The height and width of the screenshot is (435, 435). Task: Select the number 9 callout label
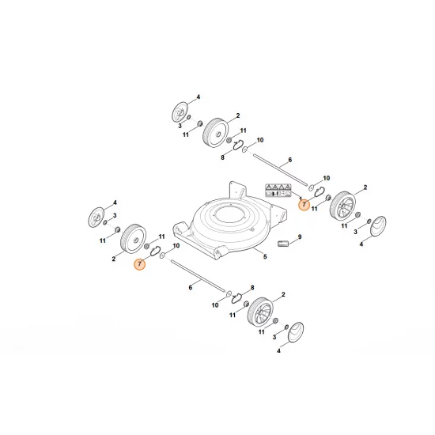(x=301, y=236)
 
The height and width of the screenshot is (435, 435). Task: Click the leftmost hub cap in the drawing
(x=98, y=214)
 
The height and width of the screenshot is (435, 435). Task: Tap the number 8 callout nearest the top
(x=223, y=157)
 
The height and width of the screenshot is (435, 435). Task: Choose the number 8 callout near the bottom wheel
(x=252, y=289)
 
